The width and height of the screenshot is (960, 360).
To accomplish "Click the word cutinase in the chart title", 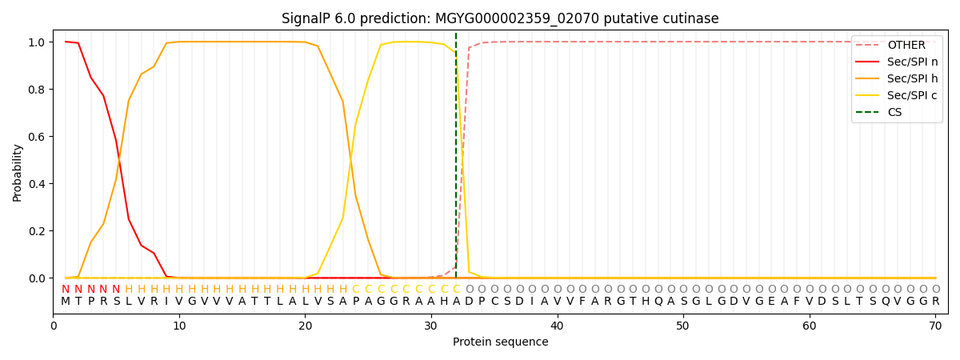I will [x=690, y=18].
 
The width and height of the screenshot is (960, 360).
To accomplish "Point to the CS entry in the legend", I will [x=894, y=112].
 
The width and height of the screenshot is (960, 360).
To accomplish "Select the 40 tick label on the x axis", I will [x=557, y=326].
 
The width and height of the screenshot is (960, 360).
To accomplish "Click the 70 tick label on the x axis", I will [x=935, y=326].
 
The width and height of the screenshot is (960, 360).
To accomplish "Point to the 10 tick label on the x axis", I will [x=179, y=326].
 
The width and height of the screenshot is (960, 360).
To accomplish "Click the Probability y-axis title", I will [x=18, y=172].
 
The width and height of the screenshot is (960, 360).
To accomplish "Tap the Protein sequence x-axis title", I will [x=501, y=342].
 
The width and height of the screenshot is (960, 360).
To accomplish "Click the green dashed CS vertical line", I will [x=456, y=160].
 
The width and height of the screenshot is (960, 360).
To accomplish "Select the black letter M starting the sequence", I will [x=66, y=302].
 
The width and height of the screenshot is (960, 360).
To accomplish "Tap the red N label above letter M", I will [x=66, y=289].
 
